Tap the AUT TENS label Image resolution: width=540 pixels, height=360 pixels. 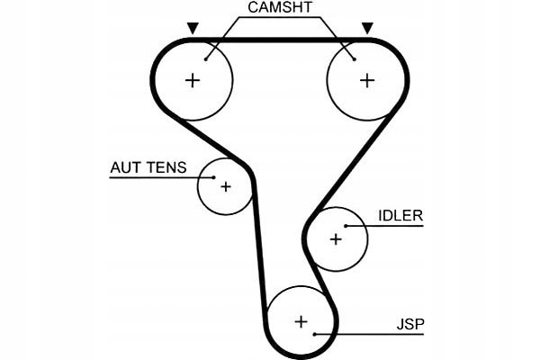point(148,167)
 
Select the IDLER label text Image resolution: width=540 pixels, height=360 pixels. point(400,216)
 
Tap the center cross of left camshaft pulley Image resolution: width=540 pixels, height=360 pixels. point(192,80)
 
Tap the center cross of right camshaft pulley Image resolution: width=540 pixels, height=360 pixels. point(366,80)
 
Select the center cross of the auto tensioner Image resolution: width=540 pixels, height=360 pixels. point(225,186)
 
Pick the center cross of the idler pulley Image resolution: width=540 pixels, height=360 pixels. point(336,239)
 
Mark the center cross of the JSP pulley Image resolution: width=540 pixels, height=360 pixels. point(301,321)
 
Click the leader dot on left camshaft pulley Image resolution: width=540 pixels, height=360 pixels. point(206,58)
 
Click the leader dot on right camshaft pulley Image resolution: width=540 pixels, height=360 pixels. point(354,59)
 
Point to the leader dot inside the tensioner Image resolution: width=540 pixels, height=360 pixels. point(212,177)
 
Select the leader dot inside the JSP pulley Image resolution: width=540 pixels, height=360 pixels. point(314,334)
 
